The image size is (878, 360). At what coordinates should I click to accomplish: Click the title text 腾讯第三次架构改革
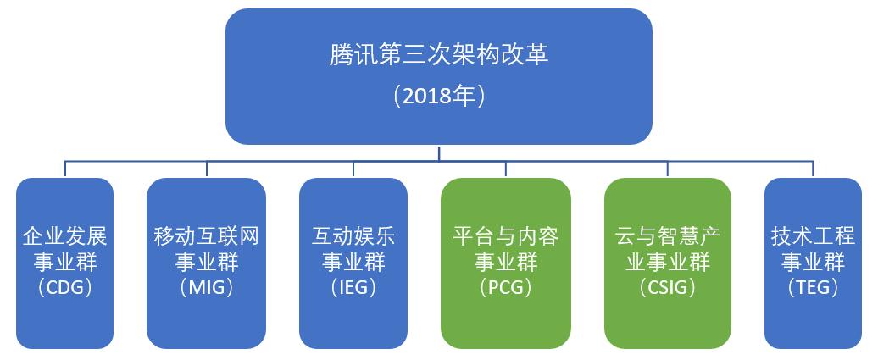point(438,55)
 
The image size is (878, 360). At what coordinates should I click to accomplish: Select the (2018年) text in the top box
point(438,96)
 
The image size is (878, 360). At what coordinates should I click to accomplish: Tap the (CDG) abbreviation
point(64,287)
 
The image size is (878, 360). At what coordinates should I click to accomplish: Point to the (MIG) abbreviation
point(206,287)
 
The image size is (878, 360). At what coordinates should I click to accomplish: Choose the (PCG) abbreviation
point(505,287)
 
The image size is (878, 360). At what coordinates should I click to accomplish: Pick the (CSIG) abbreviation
point(668,287)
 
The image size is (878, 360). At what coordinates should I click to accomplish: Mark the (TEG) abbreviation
point(812,287)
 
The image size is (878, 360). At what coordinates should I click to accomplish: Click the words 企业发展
point(64,235)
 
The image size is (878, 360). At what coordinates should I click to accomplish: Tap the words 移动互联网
point(206,235)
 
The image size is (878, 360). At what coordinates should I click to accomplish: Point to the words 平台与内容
point(505,235)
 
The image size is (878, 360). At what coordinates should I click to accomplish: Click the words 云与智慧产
point(668,235)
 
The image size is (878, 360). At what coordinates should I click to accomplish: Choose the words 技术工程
point(812,235)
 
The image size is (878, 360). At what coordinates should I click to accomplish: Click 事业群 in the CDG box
point(64,261)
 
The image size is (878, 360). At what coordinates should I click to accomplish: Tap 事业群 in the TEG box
point(812,261)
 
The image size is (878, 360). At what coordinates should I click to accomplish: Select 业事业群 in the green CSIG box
point(668,261)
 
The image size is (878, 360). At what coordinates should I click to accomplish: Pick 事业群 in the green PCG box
point(505,261)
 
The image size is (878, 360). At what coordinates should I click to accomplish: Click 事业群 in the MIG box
point(206,261)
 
